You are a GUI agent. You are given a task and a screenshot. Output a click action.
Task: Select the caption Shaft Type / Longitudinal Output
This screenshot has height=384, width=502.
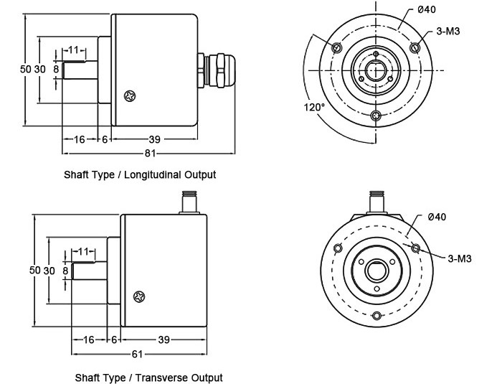pos(140,174)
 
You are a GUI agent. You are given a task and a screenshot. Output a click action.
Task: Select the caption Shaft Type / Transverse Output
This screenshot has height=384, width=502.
pos(148,377)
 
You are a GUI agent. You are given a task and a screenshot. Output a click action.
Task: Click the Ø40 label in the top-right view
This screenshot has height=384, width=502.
pos(425,9)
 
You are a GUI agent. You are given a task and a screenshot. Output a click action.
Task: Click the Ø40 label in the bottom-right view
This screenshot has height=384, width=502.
pos(436,217)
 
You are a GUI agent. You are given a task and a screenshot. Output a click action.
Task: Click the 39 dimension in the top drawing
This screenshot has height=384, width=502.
pos(153,139)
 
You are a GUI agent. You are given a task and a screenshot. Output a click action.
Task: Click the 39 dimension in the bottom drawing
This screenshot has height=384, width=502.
pos(164,339)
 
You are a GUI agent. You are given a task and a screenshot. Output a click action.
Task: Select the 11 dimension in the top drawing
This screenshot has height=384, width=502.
pos(74,50)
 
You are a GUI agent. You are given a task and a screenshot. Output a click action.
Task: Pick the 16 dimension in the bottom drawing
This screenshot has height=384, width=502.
pos(88,339)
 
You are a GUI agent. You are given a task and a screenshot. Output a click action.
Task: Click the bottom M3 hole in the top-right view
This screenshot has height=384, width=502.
pos(375,116)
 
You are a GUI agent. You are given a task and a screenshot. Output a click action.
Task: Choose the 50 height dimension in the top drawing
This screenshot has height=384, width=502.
pos(25,69)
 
